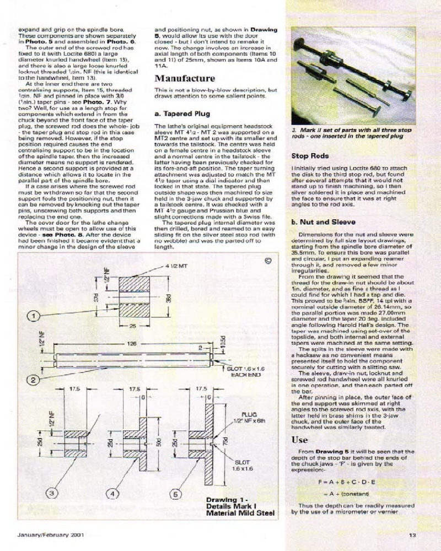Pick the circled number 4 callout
click(x=114, y=494)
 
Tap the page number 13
click(x=412, y=533)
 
